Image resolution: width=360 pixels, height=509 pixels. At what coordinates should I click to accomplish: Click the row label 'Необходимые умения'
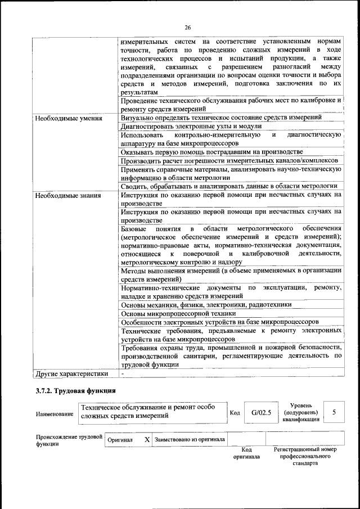[x=68, y=119]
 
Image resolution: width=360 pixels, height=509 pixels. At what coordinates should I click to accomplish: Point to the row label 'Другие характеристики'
[x=71, y=373]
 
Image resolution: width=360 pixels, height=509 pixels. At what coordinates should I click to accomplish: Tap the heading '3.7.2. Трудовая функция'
[x=75, y=390]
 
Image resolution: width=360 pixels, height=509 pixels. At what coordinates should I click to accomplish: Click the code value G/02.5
[x=261, y=412]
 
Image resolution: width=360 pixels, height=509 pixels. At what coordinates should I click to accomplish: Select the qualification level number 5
[x=334, y=412]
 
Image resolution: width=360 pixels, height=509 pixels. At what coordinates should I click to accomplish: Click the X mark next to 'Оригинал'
[x=146, y=439]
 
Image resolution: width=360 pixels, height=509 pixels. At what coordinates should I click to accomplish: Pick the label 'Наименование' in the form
[x=55, y=414]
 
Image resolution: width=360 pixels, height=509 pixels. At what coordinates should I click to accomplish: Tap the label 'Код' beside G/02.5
[x=235, y=413]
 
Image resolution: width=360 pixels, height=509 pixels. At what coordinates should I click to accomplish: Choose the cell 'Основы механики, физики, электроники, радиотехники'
[x=206, y=304]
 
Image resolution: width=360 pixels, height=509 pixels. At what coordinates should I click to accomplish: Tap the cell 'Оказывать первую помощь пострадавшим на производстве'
[x=211, y=152]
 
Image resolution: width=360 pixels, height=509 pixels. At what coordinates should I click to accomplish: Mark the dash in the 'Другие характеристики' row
[x=122, y=373]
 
